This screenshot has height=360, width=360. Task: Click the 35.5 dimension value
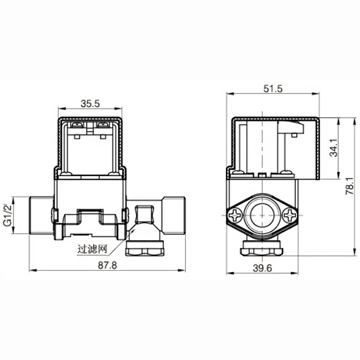point(90,104)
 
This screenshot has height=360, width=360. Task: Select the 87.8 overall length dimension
point(106,265)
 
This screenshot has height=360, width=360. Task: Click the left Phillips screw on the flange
point(234,216)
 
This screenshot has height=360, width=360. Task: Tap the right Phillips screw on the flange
point(291,216)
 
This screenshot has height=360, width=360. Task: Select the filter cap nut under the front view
point(145,249)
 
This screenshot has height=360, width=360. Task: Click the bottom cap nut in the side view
point(262,248)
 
